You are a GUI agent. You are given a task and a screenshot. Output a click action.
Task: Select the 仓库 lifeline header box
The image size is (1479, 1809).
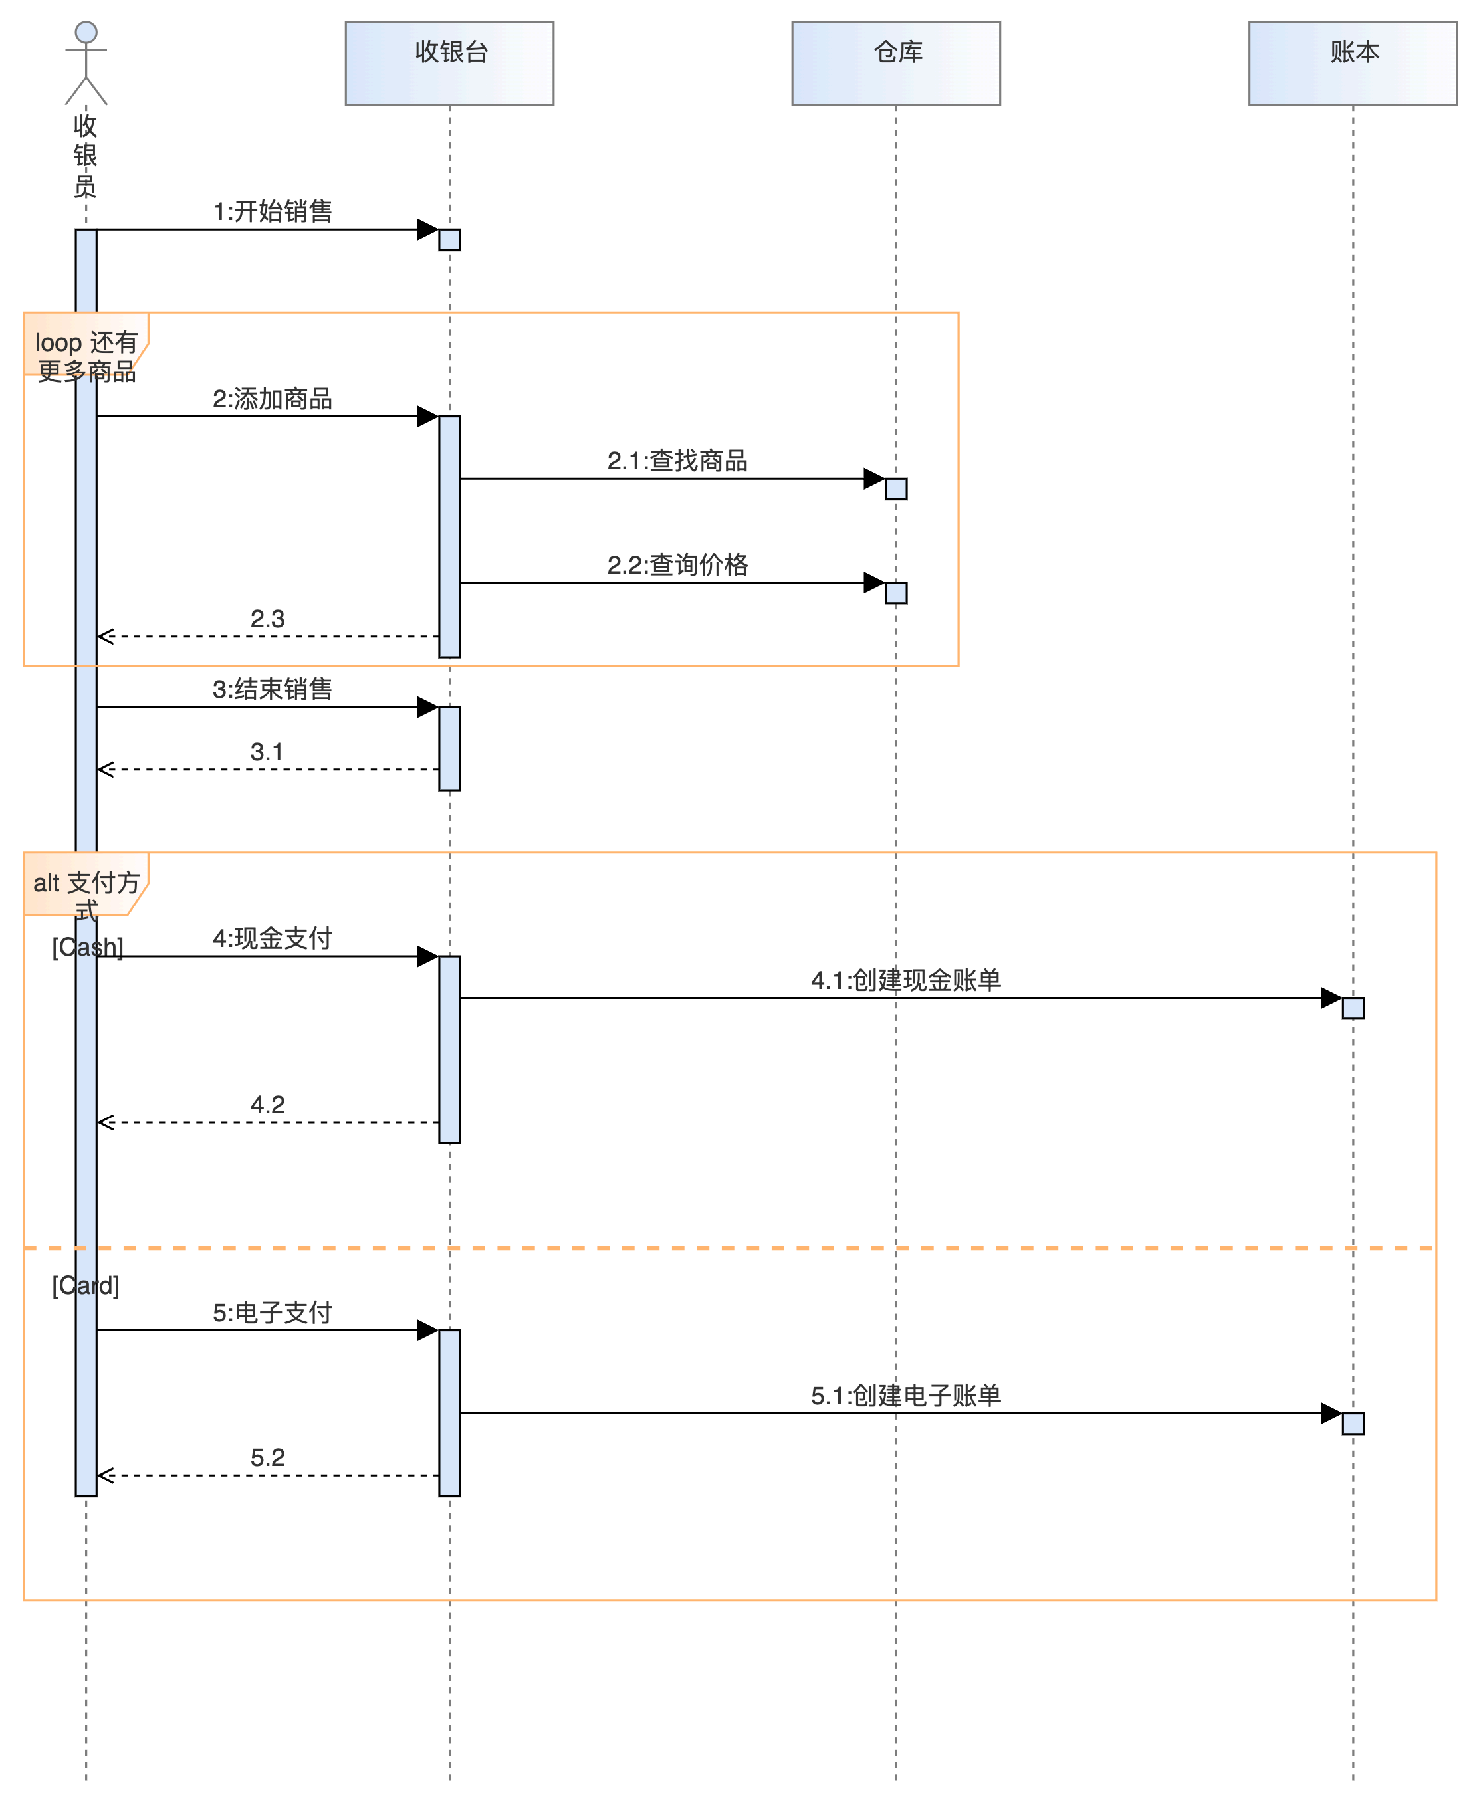pyautogui.click(x=895, y=63)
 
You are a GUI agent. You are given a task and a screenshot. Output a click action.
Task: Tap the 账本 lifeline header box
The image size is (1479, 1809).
pyautogui.click(x=1352, y=63)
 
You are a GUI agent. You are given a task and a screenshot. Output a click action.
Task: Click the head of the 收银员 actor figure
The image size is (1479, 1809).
pyautogui.click(x=86, y=33)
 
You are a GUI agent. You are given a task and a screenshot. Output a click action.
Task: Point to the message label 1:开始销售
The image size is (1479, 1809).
pyautogui.click(x=273, y=211)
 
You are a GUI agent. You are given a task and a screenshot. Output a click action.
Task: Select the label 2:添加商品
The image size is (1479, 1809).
pyautogui.click(x=273, y=399)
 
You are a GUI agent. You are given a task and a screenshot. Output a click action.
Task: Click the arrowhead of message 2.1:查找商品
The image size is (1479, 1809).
pyautogui.click(x=874, y=479)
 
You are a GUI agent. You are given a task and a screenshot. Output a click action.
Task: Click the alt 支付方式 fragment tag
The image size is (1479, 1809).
pyautogui.click(x=85, y=884)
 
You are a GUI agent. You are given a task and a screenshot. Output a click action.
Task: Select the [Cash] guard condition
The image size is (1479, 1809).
pyautogui.click(x=88, y=947)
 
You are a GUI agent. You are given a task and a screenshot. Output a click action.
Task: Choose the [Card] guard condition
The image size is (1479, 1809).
pyautogui.click(x=86, y=1285)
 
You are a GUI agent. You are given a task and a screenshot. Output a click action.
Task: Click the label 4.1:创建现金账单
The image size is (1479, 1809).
pyautogui.click(x=905, y=980)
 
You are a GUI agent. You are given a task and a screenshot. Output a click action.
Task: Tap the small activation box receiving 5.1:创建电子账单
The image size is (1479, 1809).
pyautogui.click(x=1353, y=1423)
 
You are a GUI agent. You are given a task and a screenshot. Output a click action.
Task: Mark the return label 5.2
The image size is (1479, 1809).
pyautogui.click(x=267, y=1457)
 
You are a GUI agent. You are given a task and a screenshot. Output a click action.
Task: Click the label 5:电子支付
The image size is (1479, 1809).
pyautogui.click(x=273, y=1313)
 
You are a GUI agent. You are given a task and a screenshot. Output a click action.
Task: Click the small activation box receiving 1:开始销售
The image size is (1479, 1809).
pyautogui.click(x=450, y=239)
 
